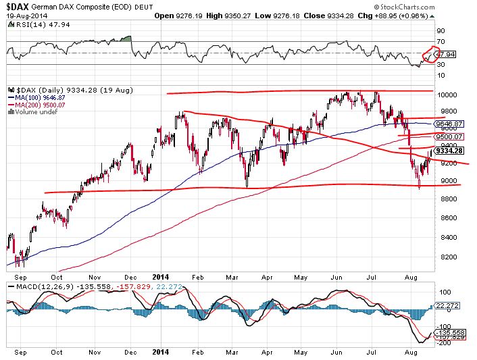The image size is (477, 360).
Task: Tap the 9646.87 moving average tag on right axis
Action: click(x=451, y=124)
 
